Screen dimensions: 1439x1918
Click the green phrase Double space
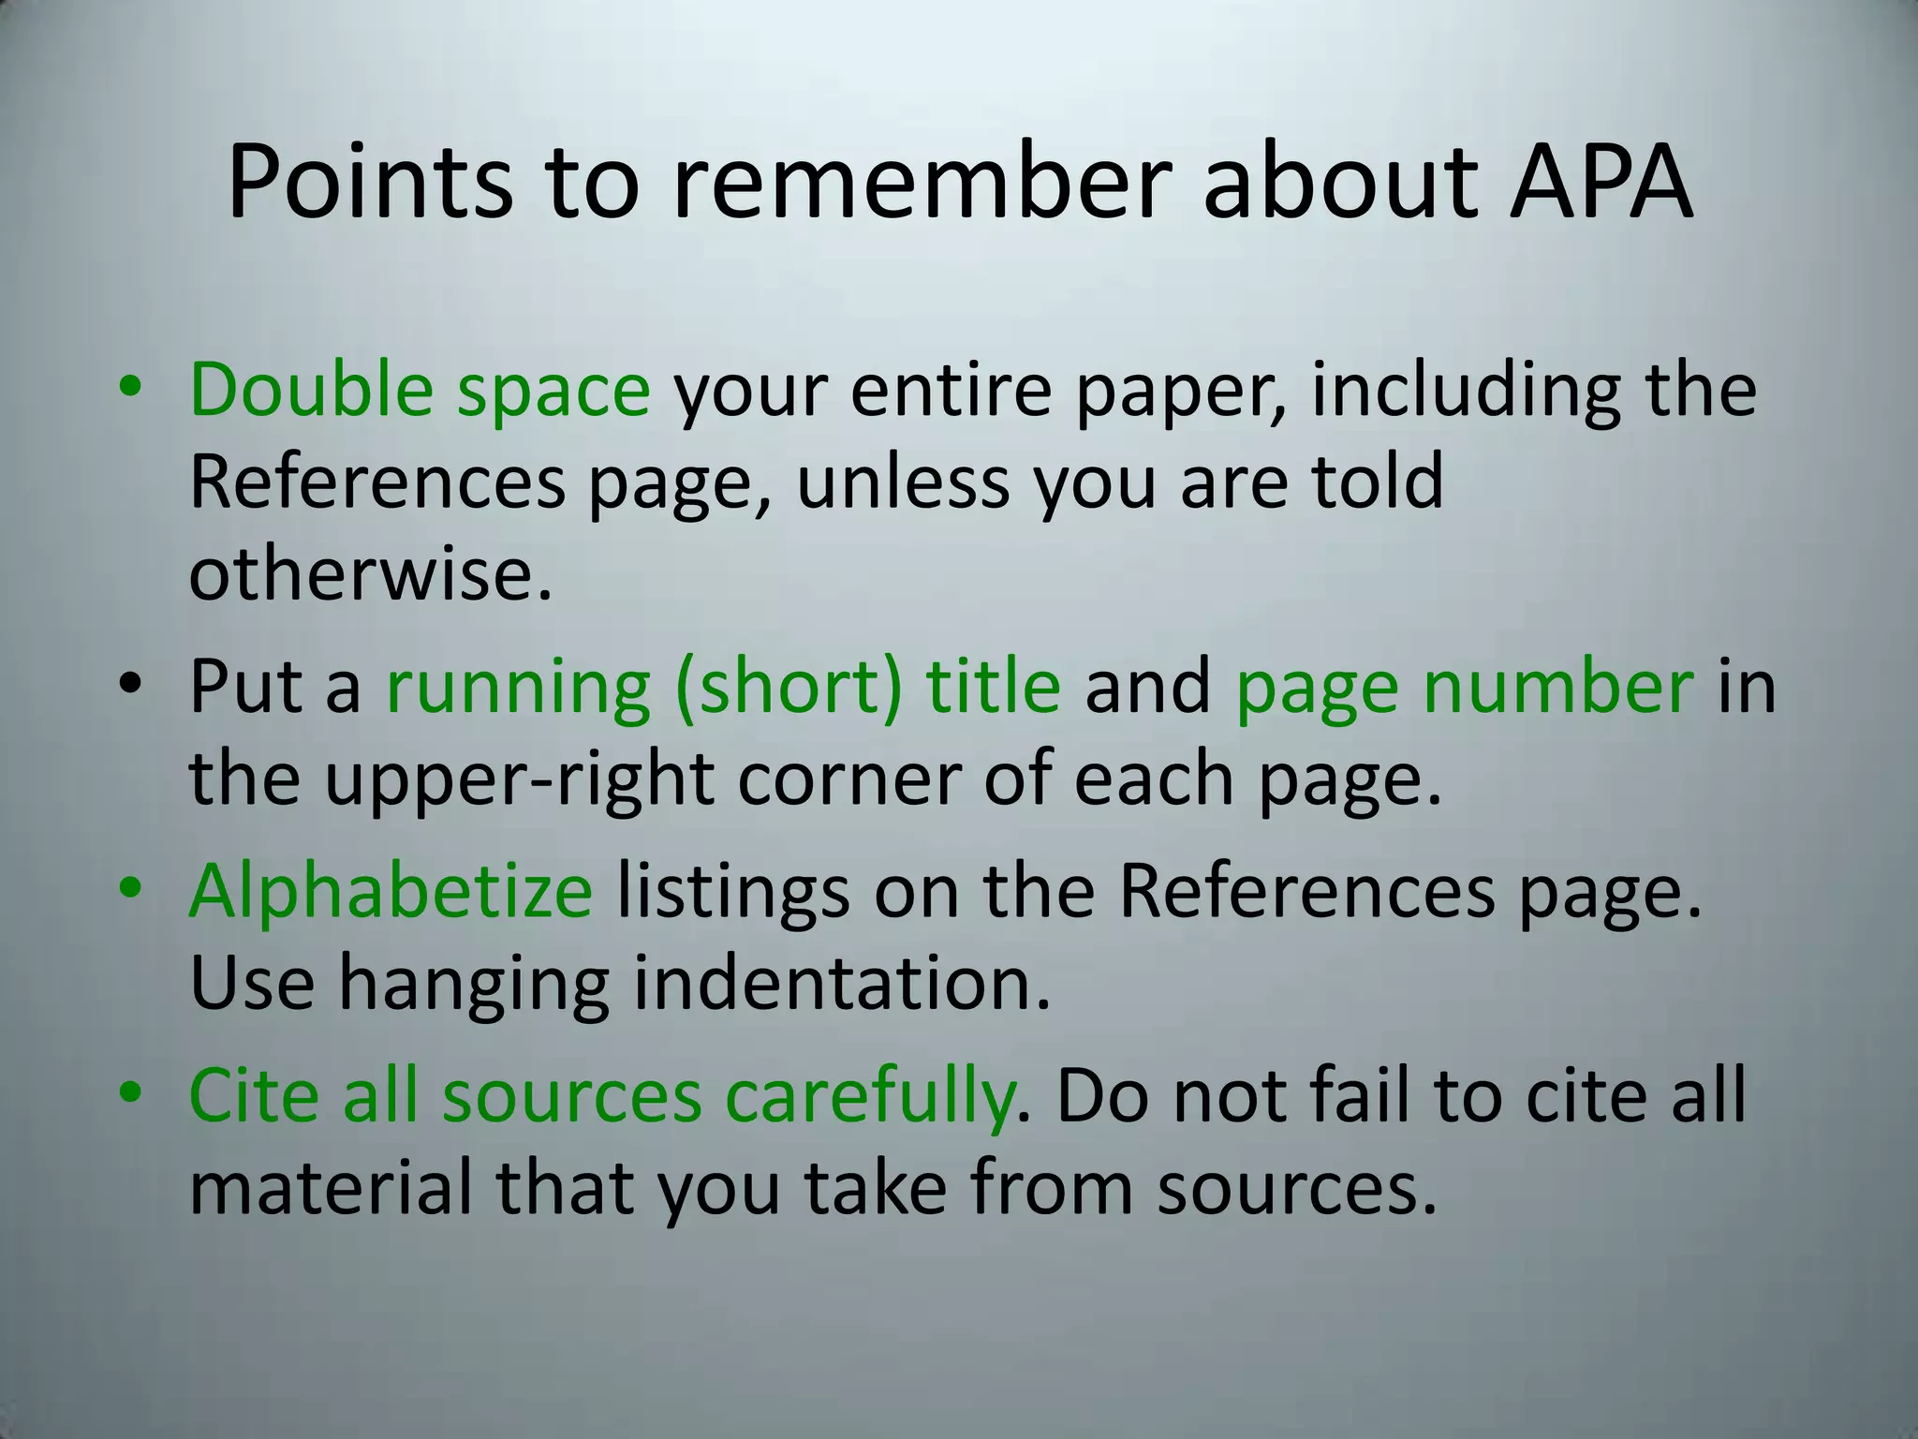(x=419, y=390)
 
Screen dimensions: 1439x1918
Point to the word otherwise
(x=370, y=572)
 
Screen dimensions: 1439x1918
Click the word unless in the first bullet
(x=903, y=482)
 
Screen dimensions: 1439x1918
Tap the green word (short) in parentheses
(x=789, y=687)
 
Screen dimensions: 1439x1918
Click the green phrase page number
(x=1464, y=687)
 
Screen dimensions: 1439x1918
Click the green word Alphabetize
(x=391, y=891)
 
